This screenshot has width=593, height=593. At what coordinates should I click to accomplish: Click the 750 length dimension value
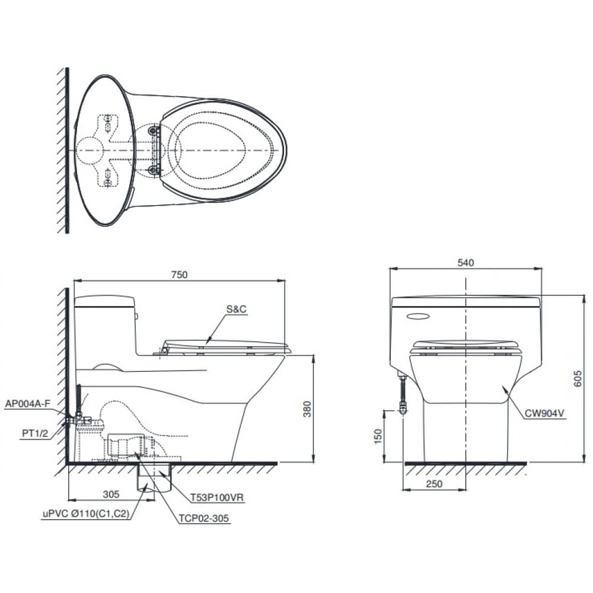coord(179,274)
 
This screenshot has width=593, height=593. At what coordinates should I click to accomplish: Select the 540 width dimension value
coord(466,262)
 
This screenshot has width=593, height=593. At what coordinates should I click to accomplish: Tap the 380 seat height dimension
coord(307,409)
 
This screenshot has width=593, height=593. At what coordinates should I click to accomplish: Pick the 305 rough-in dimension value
coord(111,493)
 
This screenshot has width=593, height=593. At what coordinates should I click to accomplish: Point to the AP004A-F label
coord(27,404)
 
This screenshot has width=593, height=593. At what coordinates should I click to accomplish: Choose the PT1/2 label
coord(35,433)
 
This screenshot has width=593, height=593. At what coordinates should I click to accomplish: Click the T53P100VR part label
coord(217,498)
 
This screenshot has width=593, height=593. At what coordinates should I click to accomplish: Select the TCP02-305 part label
coord(203,518)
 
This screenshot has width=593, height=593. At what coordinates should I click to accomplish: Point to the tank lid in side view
coord(104,301)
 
